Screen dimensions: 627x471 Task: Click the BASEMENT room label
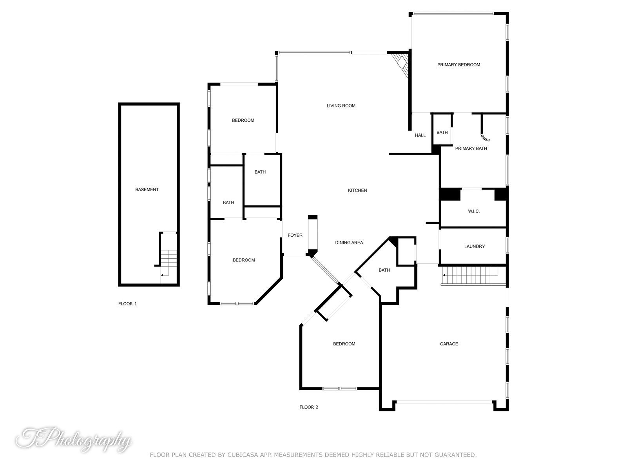click(147, 190)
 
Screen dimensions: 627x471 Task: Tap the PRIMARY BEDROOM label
click(458, 65)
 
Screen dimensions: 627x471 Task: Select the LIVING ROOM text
click(341, 106)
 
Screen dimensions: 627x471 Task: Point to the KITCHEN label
click(357, 190)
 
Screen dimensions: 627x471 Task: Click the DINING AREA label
click(349, 243)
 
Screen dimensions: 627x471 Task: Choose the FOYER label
click(295, 235)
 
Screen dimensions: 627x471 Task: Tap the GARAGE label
click(449, 344)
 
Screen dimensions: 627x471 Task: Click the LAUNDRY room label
click(474, 246)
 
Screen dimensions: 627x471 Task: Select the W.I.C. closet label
click(473, 211)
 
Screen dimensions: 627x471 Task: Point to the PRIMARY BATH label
click(471, 148)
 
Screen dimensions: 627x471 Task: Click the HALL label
click(420, 135)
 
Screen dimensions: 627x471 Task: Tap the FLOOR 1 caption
click(127, 304)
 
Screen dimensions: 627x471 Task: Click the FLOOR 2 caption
click(308, 407)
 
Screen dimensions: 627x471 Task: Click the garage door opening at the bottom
click(444, 402)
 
